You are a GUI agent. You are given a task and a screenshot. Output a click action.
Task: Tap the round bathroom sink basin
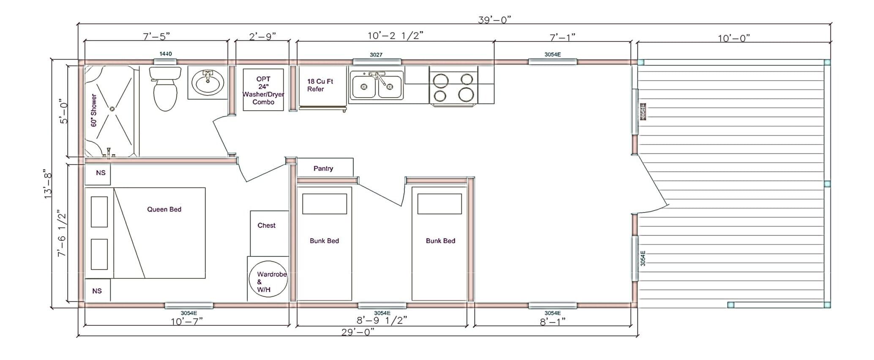(208, 82)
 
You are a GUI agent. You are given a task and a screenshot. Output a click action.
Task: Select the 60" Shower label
(94, 110)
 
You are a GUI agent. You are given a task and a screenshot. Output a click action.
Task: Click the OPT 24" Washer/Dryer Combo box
(263, 90)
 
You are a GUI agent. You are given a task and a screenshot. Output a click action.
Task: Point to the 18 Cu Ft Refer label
(320, 85)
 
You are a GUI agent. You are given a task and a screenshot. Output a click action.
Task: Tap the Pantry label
(323, 168)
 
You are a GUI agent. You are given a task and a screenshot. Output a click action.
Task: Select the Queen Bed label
(164, 209)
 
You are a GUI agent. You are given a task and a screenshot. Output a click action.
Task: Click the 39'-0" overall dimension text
(494, 20)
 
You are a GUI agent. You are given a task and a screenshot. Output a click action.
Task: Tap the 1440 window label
(166, 54)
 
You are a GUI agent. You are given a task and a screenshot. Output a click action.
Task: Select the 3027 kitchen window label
(376, 55)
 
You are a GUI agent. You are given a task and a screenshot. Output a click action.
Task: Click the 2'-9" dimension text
(262, 36)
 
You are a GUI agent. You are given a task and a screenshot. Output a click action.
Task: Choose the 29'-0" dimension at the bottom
(358, 332)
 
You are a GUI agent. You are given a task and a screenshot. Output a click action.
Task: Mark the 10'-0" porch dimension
(734, 38)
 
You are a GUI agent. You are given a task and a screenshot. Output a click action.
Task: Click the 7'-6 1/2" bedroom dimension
(62, 233)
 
